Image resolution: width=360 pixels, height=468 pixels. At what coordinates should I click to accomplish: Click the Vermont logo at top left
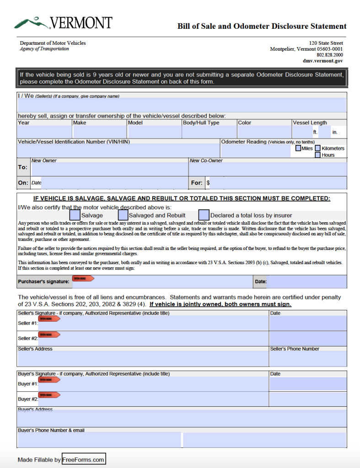63,22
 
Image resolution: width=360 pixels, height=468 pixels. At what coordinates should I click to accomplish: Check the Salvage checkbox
75,214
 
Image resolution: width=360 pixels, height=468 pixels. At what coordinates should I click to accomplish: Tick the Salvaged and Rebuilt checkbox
123,214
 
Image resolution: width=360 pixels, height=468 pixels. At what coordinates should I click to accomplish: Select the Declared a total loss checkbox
204,214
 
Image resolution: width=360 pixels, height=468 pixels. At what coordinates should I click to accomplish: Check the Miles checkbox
298,148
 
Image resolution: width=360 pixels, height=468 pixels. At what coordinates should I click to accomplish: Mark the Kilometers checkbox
317,148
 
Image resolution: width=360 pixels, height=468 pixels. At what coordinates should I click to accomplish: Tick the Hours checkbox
317,155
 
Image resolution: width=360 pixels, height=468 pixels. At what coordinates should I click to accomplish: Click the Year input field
44,132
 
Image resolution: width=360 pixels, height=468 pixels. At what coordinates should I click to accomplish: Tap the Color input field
264,132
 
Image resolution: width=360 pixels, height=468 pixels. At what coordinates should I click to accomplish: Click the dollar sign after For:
208,183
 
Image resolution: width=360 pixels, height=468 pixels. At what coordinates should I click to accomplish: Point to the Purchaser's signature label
44,282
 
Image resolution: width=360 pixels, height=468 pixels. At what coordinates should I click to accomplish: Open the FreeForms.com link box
83,459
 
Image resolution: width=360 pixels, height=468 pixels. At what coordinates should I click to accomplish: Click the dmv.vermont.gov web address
322,61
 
